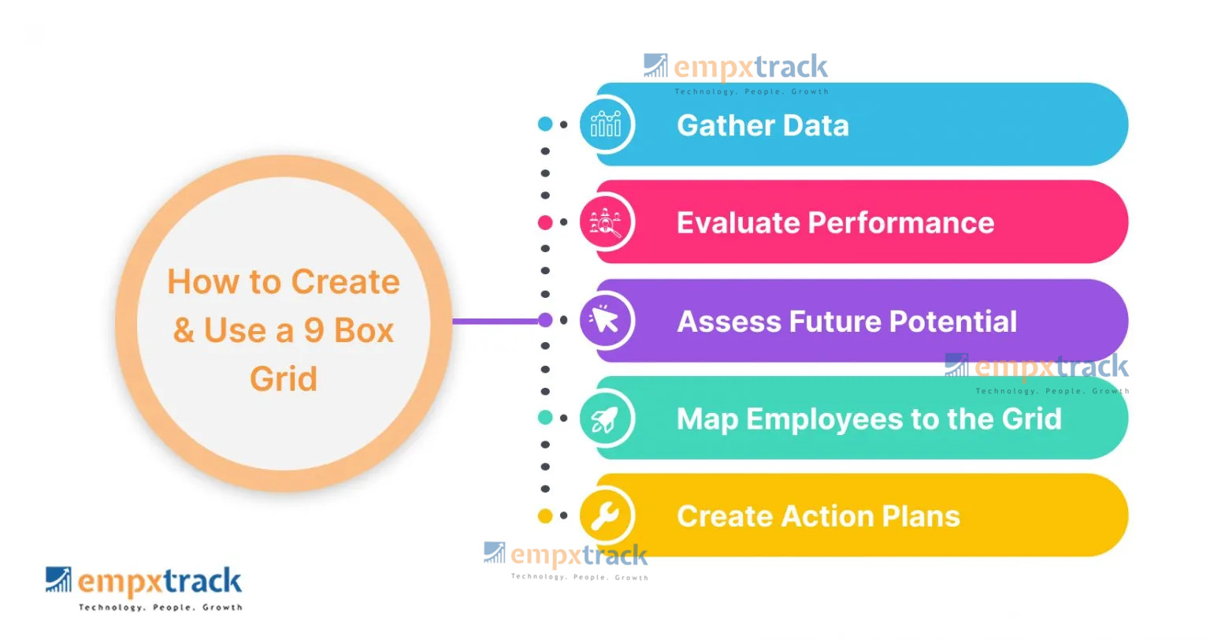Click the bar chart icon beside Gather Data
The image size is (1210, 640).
point(606,125)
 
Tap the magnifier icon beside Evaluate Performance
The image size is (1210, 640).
point(606,222)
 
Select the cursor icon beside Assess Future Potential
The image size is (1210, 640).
point(606,320)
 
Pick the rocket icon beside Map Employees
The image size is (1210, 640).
point(606,419)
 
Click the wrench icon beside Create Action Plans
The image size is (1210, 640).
point(606,516)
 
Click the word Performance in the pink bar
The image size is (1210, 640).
point(901,223)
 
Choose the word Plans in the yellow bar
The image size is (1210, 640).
point(921,516)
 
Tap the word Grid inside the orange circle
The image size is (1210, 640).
point(284,379)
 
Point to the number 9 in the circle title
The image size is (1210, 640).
point(314,330)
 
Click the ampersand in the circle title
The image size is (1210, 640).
point(184,330)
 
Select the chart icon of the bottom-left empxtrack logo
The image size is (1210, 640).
point(58,579)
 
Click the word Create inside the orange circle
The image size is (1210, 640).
point(346,282)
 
